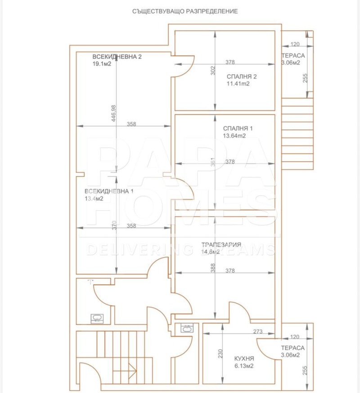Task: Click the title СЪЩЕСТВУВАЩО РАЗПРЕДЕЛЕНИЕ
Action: tap(184, 11)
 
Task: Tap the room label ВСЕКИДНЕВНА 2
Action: tap(117, 57)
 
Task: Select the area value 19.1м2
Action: tap(102, 64)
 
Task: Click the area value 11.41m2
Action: tap(238, 83)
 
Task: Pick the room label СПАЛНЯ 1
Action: tap(238, 128)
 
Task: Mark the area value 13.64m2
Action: tap(234, 136)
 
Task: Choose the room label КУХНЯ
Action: tap(244, 358)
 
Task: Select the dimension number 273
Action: tap(258, 332)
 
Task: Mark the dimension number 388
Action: tap(213, 268)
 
